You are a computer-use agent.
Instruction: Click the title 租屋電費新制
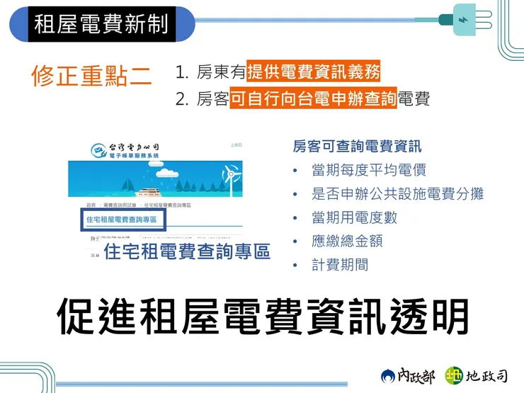point(101,23)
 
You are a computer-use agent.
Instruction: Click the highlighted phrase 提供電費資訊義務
point(313,72)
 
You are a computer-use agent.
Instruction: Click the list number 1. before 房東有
point(182,72)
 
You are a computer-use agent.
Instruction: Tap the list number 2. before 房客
point(182,100)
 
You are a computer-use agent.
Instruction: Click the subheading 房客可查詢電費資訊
point(357,147)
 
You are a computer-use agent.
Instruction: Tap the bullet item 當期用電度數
point(354,217)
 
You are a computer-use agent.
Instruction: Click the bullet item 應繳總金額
point(347,241)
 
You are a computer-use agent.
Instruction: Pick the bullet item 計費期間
point(340,265)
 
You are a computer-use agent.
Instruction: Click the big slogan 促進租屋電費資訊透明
point(262,316)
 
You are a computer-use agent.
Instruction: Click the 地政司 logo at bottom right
point(476,375)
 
